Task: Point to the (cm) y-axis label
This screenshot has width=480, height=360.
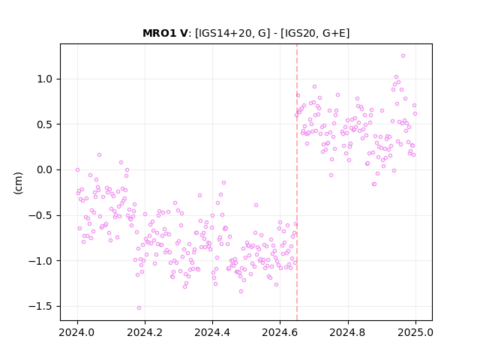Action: (18, 183)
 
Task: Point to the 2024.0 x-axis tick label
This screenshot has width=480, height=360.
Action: (77, 332)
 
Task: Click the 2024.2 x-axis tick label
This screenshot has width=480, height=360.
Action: (145, 332)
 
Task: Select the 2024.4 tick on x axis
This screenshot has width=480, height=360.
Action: (212, 332)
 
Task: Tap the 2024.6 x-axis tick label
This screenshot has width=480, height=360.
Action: (280, 332)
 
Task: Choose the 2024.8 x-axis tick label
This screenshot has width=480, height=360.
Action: (347, 332)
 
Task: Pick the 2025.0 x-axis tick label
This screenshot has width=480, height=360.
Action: (415, 332)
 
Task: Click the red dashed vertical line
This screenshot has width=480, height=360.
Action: (297, 182)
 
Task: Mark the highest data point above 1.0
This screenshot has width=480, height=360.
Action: (403, 56)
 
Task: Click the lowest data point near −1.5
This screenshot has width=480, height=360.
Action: (139, 308)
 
